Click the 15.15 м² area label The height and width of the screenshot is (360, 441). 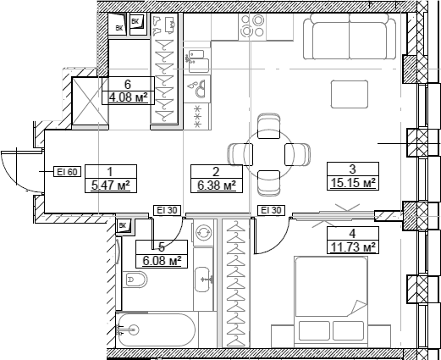pyautogui.click(x=353, y=183)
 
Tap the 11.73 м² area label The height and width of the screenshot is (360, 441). pyautogui.click(x=353, y=247)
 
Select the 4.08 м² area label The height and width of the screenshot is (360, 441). pyautogui.click(x=129, y=97)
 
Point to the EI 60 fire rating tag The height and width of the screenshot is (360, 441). pyautogui.click(x=67, y=172)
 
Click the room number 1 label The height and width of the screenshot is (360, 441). pyautogui.click(x=110, y=171)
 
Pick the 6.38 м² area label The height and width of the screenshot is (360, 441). pyautogui.click(x=217, y=186)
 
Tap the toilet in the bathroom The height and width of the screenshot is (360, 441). pyautogui.click(x=135, y=280)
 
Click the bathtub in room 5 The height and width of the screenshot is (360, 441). pyautogui.click(x=156, y=330)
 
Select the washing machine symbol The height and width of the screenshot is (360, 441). pyautogui.click(x=203, y=232)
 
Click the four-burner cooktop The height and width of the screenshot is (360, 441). pyautogui.click(x=252, y=27)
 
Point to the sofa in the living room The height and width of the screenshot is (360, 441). pyautogui.click(x=350, y=36)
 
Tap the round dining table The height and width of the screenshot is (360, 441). pyautogui.click(x=269, y=154)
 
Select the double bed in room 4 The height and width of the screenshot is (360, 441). pyautogui.click(x=331, y=302)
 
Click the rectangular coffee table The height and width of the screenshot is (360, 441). pyautogui.click(x=350, y=94)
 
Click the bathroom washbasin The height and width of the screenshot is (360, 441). pyautogui.click(x=202, y=280)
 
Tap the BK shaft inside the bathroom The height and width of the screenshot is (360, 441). pyautogui.click(x=124, y=226)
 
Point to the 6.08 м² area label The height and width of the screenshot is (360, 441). pyautogui.click(x=162, y=261)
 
